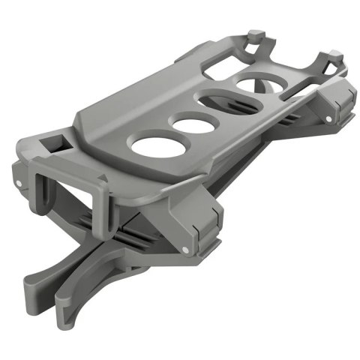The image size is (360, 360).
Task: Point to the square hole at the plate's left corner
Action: click(57, 143)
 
